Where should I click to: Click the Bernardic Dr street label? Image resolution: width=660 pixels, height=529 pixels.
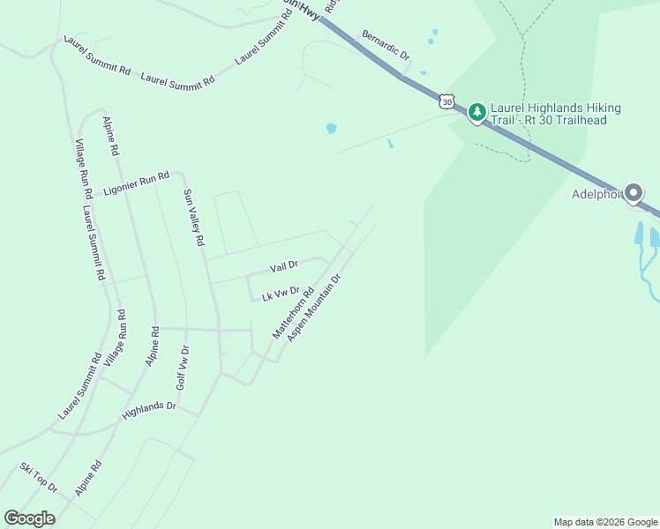(386, 46)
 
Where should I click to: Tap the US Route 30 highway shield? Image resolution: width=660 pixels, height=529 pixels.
(448, 102)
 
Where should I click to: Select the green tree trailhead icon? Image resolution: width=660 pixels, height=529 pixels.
(477, 112)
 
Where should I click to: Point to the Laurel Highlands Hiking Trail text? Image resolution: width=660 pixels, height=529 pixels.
(556, 114)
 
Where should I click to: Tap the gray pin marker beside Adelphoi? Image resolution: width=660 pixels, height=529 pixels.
(634, 192)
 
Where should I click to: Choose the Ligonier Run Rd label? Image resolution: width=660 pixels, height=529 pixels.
(135, 183)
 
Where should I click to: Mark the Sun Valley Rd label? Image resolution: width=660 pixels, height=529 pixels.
(193, 217)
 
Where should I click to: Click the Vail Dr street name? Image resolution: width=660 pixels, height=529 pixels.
(284, 265)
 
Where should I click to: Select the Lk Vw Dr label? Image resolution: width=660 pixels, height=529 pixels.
(281, 294)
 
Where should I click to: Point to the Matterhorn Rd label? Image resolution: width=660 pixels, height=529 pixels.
(293, 312)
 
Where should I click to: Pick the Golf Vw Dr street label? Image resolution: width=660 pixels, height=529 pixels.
(184, 368)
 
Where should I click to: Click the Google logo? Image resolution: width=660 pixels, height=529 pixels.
(29, 518)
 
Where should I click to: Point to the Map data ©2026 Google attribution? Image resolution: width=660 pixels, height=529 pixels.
(605, 522)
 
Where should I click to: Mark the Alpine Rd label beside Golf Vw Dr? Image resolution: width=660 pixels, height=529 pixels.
(155, 346)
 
